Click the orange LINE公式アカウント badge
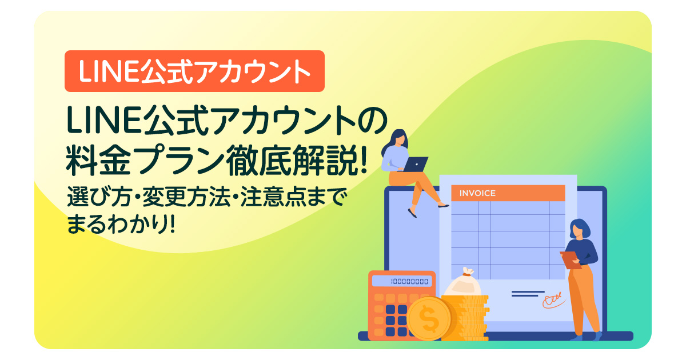[x=194, y=71]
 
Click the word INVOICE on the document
[x=477, y=193]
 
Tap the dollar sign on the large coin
[x=428, y=318]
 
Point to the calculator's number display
[x=402, y=281]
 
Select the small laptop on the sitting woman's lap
[x=416, y=164]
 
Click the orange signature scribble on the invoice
[x=552, y=299]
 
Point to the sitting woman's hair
[x=398, y=140]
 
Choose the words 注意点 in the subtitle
[x=268, y=198]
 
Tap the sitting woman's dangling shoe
[x=412, y=214]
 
